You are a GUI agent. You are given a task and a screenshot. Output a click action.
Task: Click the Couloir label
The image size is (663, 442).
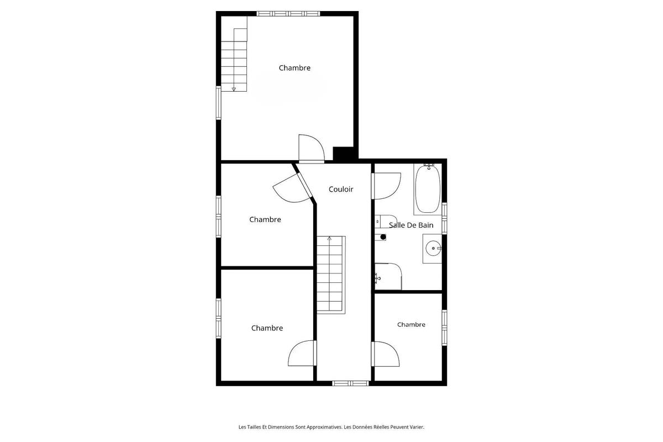(341, 189)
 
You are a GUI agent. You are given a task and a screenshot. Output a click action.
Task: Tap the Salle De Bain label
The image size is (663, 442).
(411, 225)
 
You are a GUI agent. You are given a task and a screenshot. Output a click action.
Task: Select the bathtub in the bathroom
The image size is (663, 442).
(427, 188)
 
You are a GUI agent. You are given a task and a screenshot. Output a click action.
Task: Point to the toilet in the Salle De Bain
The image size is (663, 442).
(385, 220)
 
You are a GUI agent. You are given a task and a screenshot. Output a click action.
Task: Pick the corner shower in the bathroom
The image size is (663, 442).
(388, 276)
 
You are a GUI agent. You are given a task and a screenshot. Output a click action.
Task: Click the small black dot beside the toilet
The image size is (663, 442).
(383, 237)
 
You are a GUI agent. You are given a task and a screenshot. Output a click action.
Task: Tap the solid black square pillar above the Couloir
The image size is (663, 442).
(343, 154)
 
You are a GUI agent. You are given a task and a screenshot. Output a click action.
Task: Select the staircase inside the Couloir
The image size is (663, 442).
(330, 274)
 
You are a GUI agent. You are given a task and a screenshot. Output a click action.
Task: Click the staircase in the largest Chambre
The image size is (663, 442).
(234, 60)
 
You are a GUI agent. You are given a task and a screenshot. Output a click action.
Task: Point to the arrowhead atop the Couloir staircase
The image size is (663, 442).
(330, 238)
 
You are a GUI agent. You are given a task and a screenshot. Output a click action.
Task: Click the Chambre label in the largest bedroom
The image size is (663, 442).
(294, 68)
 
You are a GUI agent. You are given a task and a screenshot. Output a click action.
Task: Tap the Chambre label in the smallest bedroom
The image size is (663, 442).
(411, 324)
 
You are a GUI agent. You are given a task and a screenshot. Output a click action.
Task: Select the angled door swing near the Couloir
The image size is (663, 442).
(292, 185)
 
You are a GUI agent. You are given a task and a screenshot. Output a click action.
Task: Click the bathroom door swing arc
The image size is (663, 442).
(387, 186)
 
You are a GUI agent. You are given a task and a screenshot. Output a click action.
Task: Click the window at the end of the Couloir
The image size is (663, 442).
(351, 383)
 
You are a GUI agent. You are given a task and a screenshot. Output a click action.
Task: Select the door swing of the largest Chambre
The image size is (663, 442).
(311, 148)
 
